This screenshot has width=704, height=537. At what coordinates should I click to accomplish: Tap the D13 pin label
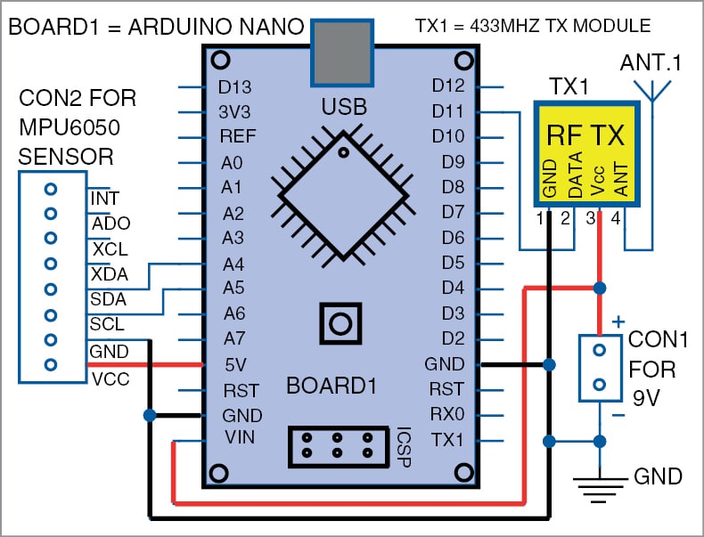click(x=234, y=87)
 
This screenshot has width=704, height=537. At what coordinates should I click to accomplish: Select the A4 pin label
click(x=233, y=264)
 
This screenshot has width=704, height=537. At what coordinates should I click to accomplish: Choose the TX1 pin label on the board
click(x=447, y=440)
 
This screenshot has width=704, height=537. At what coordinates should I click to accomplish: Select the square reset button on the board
click(x=340, y=322)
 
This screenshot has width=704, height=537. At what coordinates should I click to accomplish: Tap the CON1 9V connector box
click(x=601, y=367)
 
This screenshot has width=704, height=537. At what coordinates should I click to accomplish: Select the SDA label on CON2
click(x=108, y=299)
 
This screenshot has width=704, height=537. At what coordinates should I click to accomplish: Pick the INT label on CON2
click(x=105, y=198)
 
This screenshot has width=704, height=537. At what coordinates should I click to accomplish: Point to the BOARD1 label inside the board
click(x=332, y=387)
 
